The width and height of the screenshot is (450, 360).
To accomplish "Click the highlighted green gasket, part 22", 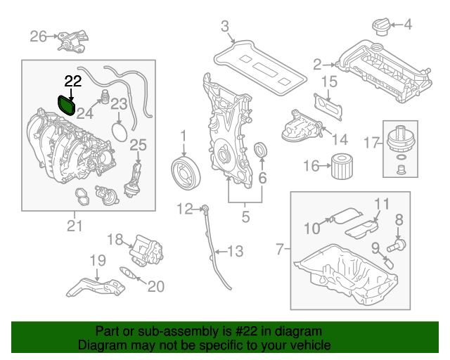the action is coord(67,105).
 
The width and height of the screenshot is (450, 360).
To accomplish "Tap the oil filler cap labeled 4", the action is coord(381,27).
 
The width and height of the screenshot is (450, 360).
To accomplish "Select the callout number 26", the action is coord(38,37).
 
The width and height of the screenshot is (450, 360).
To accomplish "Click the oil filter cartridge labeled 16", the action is coord(342,167).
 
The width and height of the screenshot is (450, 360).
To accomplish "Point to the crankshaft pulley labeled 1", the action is coord(186,174).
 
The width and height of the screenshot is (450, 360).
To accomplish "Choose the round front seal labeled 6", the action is coord(261,150).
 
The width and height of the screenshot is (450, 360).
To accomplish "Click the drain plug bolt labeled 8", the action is coord(397,245).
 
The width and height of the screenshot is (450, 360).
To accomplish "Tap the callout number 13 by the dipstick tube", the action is coord(236,252).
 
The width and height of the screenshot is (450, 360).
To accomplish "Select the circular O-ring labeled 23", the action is coord(120,132).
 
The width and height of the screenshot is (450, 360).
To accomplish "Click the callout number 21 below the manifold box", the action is coord(75,226).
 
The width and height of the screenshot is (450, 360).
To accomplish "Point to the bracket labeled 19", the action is coord(96,287).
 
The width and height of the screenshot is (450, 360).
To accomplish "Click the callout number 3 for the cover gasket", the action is coord(225,27).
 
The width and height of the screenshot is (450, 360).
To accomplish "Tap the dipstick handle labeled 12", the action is coord(205,208).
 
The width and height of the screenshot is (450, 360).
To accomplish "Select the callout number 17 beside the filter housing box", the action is coord(371,143).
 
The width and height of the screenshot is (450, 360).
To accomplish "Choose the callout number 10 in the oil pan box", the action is coord(312,229).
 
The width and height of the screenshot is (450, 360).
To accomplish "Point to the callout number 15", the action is coord(329,82).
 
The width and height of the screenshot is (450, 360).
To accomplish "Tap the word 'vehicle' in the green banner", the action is coord(310,345).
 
